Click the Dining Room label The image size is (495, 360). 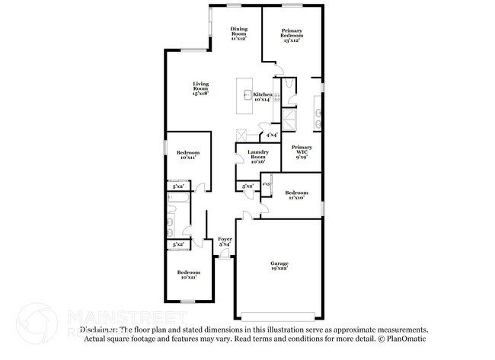[239, 31]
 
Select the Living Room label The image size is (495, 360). [200, 85]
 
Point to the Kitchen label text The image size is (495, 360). [263, 94]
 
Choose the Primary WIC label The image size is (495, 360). [302, 149]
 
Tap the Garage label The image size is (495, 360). [279, 263]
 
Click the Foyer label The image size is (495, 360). [225, 239]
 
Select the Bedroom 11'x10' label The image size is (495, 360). [296, 193]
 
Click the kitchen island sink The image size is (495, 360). [247, 95]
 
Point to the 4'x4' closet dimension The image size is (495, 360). [272, 135]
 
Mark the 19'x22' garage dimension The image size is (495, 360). [279, 269]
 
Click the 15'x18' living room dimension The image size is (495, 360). [200, 93]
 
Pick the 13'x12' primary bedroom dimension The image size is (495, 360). [291, 40]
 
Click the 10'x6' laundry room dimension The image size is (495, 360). [257, 162]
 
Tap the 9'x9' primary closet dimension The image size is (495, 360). [302, 158]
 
